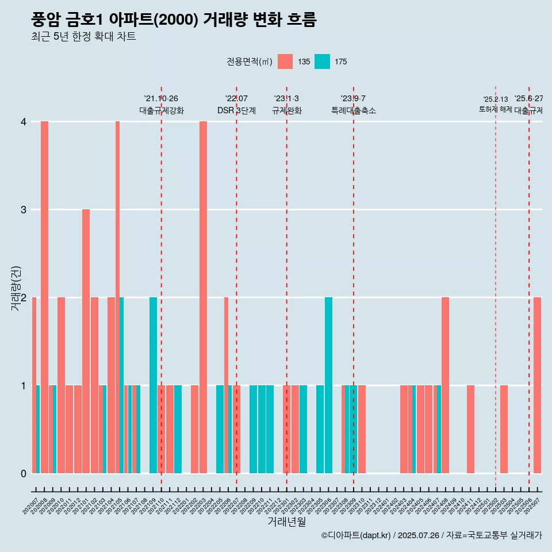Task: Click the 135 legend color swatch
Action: [285, 62]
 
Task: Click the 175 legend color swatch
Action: [322, 62]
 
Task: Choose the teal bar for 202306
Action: [328, 385]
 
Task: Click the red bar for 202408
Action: [445, 385]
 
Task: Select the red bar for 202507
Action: [537, 385]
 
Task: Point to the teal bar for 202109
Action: [153, 385]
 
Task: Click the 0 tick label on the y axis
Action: [24, 473]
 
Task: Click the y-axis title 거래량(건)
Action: [16, 287]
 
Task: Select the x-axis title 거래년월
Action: [286, 522]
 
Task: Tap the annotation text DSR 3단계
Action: [236, 110]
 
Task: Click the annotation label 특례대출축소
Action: [353, 110]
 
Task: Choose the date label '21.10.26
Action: [161, 98]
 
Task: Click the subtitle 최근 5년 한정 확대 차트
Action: [83, 37]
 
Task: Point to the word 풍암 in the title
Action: [46, 20]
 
